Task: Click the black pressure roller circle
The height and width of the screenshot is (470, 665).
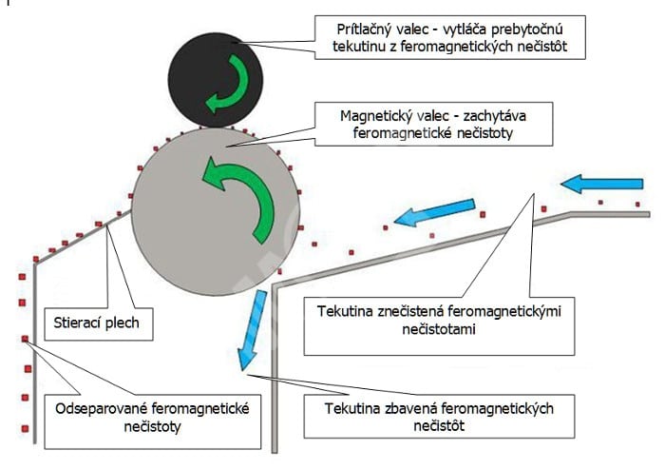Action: point(216,80)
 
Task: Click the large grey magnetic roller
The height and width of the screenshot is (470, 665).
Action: point(216,211)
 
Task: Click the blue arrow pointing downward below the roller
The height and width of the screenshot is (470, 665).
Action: point(253,330)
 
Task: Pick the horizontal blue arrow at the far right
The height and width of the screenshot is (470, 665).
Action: point(601,183)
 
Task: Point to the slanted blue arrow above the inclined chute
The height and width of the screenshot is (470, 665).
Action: point(435,213)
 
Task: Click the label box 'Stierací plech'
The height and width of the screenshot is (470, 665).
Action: point(99,323)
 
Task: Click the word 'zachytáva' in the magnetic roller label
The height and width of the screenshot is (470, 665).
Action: point(494,116)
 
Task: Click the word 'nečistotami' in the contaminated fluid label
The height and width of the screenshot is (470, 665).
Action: point(439,329)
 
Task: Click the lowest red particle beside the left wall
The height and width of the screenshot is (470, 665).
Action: point(25,429)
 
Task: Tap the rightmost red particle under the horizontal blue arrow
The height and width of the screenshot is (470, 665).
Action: point(637,205)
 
